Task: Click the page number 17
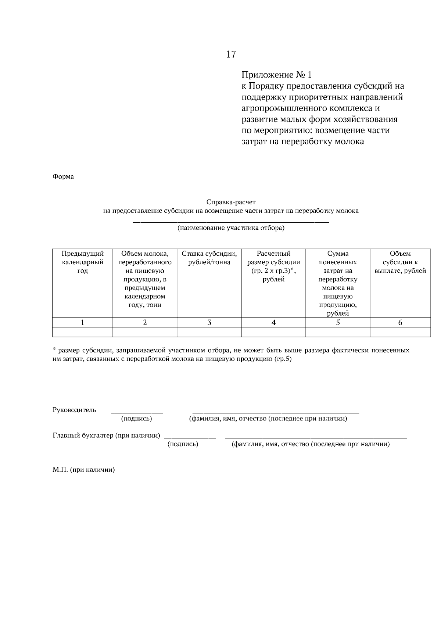click(x=231, y=54)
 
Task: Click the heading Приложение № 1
click(x=276, y=75)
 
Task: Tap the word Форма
click(x=63, y=177)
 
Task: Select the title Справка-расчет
click(x=231, y=202)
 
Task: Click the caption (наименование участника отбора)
click(x=231, y=228)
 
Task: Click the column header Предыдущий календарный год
click(x=83, y=262)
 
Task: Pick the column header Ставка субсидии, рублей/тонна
click(x=209, y=258)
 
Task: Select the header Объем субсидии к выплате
click(x=400, y=262)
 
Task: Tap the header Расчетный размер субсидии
click(x=273, y=266)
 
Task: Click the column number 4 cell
click(x=273, y=323)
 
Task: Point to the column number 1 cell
click(x=83, y=323)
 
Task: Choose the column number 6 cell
click(x=400, y=323)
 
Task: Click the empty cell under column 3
click(x=209, y=332)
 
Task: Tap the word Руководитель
click(x=75, y=410)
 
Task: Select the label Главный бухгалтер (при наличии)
click(x=107, y=436)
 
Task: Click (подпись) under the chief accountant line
click(x=183, y=444)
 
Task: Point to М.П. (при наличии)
click(x=84, y=470)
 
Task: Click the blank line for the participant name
click(x=231, y=222)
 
